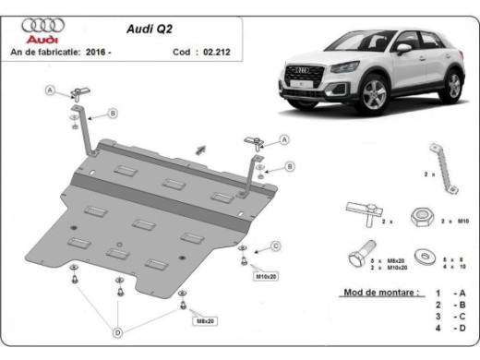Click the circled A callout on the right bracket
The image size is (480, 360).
pyautogui.click(x=283, y=138)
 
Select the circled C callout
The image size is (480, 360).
pyautogui.click(x=275, y=245)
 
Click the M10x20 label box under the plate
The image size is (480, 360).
pyautogui.click(x=266, y=276)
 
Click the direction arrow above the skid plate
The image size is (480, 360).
pyautogui.click(x=198, y=148)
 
